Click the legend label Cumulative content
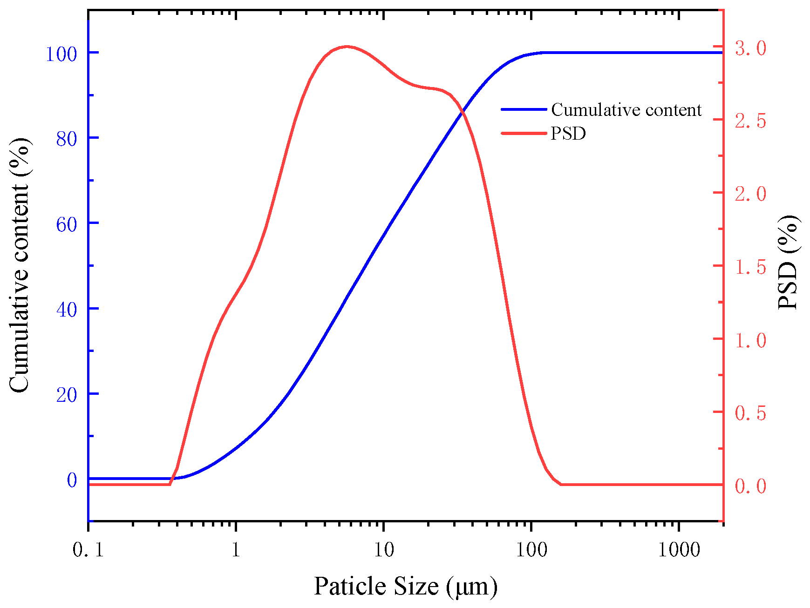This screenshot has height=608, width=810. [x=626, y=110]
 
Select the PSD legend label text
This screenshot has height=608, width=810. [x=568, y=134]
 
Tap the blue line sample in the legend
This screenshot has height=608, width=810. [x=524, y=109]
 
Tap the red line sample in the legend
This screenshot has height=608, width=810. [x=524, y=133]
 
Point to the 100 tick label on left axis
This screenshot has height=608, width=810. [x=61, y=54]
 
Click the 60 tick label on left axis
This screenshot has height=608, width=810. [x=66, y=224]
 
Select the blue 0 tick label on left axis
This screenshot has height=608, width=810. [x=72, y=480]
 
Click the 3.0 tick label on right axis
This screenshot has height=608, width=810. [x=750, y=48]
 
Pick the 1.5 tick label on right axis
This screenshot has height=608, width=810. [x=750, y=267]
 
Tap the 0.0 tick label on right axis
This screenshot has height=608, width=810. [x=750, y=486]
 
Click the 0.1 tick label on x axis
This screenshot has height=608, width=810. [x=88, y=550]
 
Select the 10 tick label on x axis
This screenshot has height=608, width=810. [x=383, y=550]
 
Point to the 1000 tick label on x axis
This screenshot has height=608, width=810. [x=679, y=550]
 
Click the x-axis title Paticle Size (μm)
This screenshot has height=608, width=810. [x=405, y=587]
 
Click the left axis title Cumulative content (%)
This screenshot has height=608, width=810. [x=20, y=265]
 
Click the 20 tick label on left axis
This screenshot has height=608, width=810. [x=66, y=395]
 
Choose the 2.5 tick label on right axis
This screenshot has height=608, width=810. [x=750, y=121]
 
